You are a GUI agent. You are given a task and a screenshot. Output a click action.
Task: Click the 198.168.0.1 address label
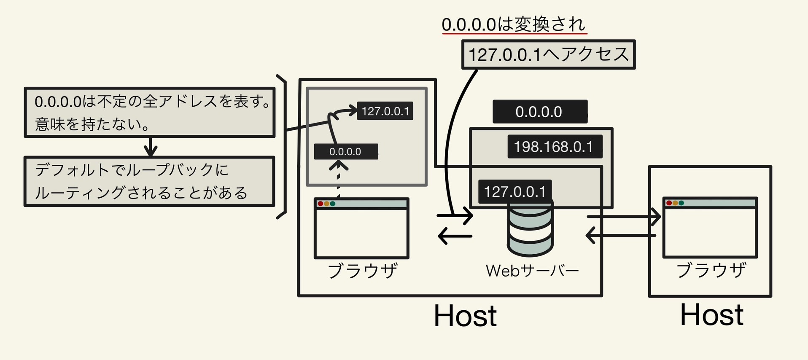554,147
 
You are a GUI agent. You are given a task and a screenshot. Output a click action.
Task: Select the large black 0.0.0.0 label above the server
539,112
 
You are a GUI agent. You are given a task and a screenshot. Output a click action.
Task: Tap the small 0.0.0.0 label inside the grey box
345,152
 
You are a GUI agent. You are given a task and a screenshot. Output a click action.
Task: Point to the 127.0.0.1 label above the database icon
515,192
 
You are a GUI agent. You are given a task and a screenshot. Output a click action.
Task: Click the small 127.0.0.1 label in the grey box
385,111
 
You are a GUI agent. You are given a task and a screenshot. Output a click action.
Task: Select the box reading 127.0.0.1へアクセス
548,55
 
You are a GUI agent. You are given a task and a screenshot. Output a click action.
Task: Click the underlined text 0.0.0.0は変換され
514,24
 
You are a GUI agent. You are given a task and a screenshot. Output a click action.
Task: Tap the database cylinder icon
530,230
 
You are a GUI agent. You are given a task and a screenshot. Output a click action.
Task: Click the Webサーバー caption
532,271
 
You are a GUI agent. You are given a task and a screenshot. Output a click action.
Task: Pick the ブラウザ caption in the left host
362,271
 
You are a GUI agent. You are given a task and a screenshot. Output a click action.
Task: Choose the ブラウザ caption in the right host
711,270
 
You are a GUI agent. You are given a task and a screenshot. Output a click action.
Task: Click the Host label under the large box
465,316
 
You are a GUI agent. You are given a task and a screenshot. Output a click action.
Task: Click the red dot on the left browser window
321,204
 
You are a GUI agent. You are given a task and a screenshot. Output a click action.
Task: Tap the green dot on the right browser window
681,203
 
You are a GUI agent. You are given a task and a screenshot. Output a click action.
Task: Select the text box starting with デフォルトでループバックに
149,181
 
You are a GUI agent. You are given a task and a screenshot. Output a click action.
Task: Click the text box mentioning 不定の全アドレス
149,113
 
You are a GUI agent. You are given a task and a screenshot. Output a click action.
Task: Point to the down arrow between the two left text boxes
151,147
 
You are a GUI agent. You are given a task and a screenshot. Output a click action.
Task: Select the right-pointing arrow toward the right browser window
624,217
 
